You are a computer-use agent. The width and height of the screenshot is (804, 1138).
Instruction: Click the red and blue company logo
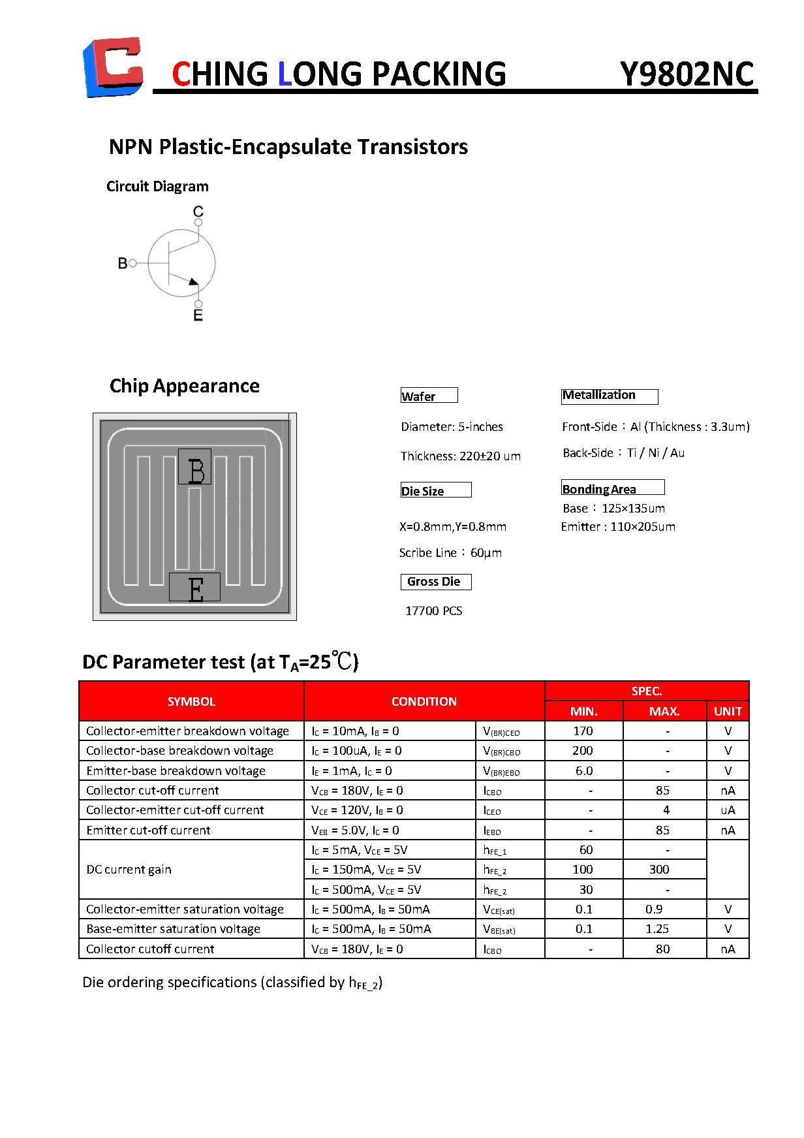tap(113, 67)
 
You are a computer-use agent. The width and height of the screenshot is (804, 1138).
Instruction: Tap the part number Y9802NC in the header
tap(687, 74)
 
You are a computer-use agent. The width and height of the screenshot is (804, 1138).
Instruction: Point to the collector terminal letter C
tap(198, 211)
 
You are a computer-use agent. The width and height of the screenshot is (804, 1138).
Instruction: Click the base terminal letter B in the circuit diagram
tap(123, 263)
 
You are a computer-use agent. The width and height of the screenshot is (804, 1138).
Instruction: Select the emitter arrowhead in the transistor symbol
tap(193, 281)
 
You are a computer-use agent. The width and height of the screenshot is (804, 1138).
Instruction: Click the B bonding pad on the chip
tap(195, 467)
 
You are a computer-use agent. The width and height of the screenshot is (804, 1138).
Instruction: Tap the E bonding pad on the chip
tap(194, 587)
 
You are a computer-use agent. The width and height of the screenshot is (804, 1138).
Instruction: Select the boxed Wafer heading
tap(428, 396)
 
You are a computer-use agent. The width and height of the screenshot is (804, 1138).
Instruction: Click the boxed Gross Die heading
tap(435, 582)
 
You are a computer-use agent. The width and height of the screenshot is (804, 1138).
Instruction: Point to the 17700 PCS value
tap(433, 610)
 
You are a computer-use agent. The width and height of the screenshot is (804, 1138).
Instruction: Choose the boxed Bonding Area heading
tap(612, 488)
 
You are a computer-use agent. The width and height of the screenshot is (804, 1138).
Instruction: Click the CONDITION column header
tap(424, 701)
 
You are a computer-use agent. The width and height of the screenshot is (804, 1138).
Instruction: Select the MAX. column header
tap(664, 711)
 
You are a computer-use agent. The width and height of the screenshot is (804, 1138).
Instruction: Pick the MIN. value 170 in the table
tap(583, 731)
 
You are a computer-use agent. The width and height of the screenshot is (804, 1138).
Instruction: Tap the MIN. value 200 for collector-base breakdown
tap(583, 750)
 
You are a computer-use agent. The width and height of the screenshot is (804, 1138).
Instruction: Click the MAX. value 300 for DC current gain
tap(659, 869)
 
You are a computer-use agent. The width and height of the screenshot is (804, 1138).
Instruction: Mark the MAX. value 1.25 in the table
tap(657, 928)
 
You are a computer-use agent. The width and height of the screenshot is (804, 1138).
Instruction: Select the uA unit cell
tap(728, 810)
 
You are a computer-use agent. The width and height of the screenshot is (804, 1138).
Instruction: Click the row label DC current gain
tap(129, 869)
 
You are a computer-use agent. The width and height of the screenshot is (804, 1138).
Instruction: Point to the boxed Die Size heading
tap(435, 490)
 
